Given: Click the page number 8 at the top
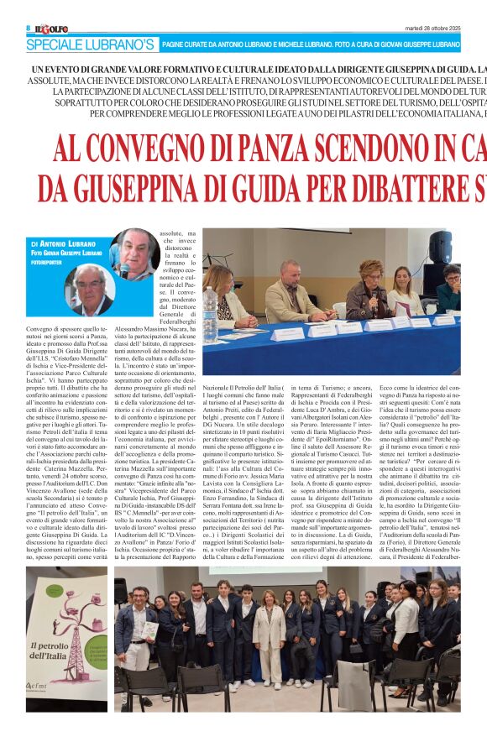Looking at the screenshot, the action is [28, 28].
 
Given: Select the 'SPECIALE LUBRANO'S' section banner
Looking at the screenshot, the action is [90, 44].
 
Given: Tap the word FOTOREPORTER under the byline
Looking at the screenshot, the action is [50, 261].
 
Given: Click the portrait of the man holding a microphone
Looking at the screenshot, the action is [134, 255].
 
